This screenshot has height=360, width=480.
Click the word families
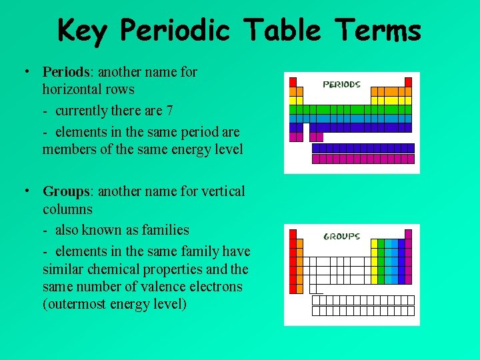pyautogui.click(x=165, y=230)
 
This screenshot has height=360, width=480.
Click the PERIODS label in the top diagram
pyautogui.click(x=341, y=85)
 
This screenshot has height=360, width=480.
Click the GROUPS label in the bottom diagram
pyautogui.click(x=341, y=236)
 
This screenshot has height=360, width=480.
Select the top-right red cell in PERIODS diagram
pyautogui.click(x=408, y=82)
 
